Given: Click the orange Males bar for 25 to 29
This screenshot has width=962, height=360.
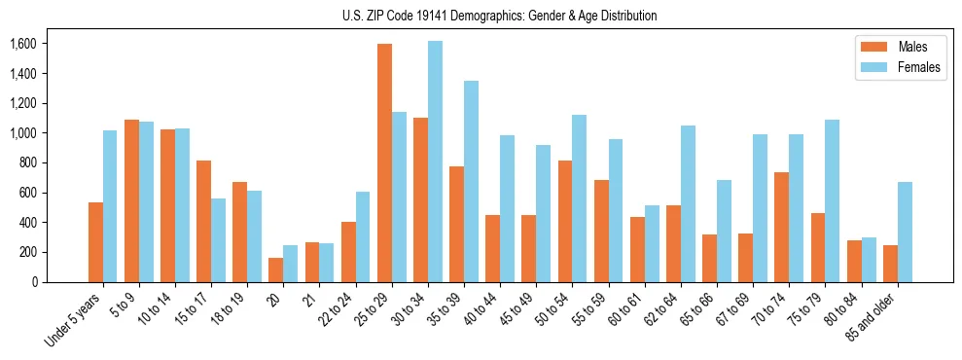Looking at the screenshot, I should [384, 163].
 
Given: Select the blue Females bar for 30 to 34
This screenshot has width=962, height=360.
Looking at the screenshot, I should [435, 162].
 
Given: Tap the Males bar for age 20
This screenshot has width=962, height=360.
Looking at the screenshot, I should [276, 270].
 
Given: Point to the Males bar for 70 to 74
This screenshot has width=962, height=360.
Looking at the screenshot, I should [781, 227].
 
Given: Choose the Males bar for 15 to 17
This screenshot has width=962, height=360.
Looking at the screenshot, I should [204, 221].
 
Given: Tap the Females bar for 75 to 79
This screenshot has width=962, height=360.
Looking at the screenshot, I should [832, 200].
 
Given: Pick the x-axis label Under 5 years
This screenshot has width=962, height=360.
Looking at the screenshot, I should [74, 322].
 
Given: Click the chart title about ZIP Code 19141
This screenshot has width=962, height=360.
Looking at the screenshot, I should [500, 16].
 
